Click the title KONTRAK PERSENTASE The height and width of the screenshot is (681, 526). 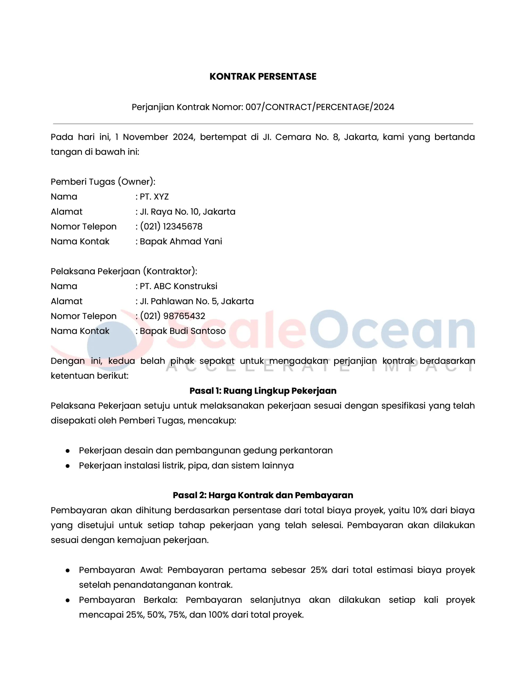pos(263,76)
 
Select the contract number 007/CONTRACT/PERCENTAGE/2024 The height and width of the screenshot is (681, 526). pos(320,107)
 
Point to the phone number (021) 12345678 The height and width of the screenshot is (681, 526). pos(171,226)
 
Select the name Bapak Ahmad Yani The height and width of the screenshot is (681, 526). pos(181,241)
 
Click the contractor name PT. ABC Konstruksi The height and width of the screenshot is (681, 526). pos(178,286)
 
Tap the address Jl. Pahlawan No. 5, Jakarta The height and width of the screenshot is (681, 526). pos(197,301)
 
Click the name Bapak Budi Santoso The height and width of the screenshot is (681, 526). pos(182,331)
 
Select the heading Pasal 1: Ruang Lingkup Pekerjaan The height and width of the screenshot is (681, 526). pos(263,391)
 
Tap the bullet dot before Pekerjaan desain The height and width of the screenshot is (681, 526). pos(68,451)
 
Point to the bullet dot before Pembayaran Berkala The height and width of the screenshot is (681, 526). pos(68,600)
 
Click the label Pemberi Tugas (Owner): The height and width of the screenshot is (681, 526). pos(103,181)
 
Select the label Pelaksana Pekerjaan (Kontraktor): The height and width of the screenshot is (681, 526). pos(124,271)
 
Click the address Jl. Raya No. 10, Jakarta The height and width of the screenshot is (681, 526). pos(187,211)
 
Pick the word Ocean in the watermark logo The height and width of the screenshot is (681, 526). pos(392,330)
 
